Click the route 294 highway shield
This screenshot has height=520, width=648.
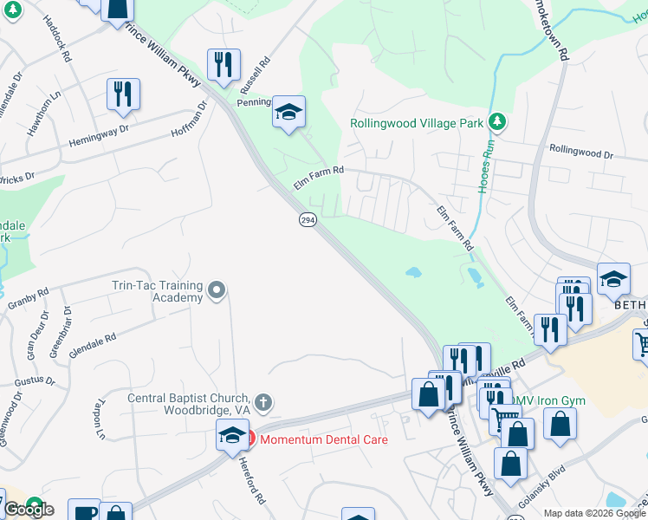click(308, 220)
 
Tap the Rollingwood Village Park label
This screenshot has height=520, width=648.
click(417, 123)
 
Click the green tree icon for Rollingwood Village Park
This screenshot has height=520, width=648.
click(496, 121)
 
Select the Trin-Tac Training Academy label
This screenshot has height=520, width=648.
click(157, 291)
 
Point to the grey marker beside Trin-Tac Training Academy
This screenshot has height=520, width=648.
click(217, 289)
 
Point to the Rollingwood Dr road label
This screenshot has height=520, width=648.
click(580, 153)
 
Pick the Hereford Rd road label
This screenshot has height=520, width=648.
click(245, 475)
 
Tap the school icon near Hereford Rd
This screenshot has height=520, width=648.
click(232, 436)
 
